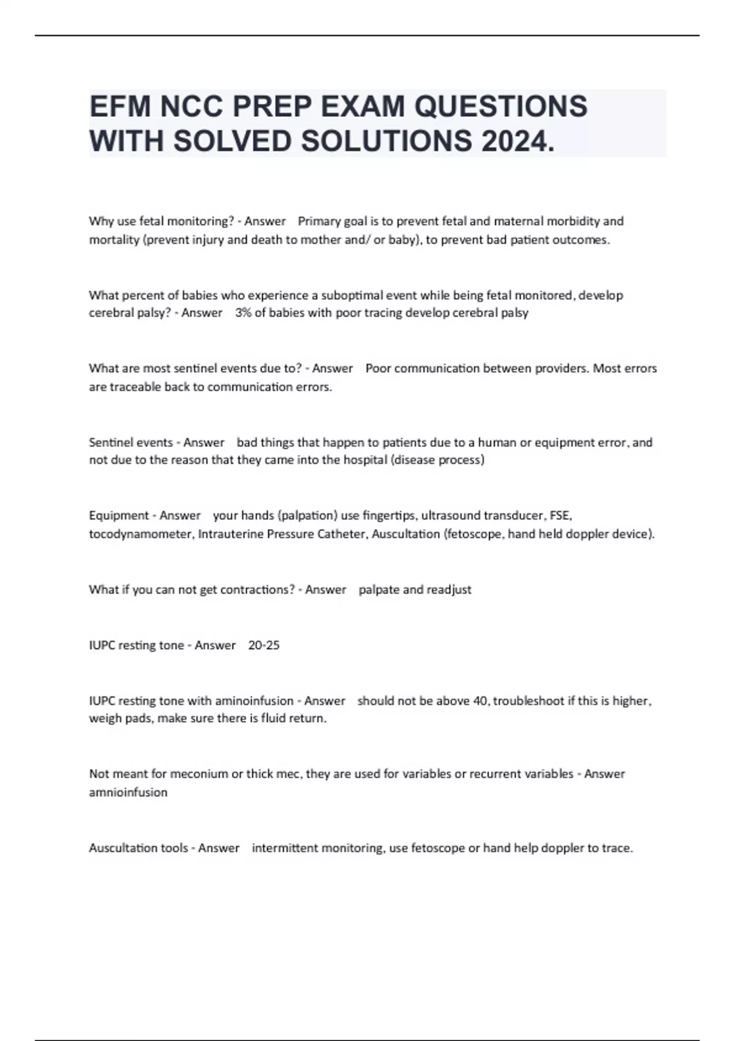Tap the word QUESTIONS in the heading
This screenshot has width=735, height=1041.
[x=501, y=106]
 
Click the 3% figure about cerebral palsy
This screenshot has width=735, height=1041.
[x=243, y=313]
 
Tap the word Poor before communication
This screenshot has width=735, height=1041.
[x=378, y=369]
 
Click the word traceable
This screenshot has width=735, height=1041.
[x=135, y=387]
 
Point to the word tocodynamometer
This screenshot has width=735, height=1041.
[x=141, y=534]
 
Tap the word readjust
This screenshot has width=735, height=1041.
[x=449, y=590]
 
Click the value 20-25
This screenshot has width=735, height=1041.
[x=264, y=645]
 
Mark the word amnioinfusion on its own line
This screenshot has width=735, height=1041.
[x=128, y=792]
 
